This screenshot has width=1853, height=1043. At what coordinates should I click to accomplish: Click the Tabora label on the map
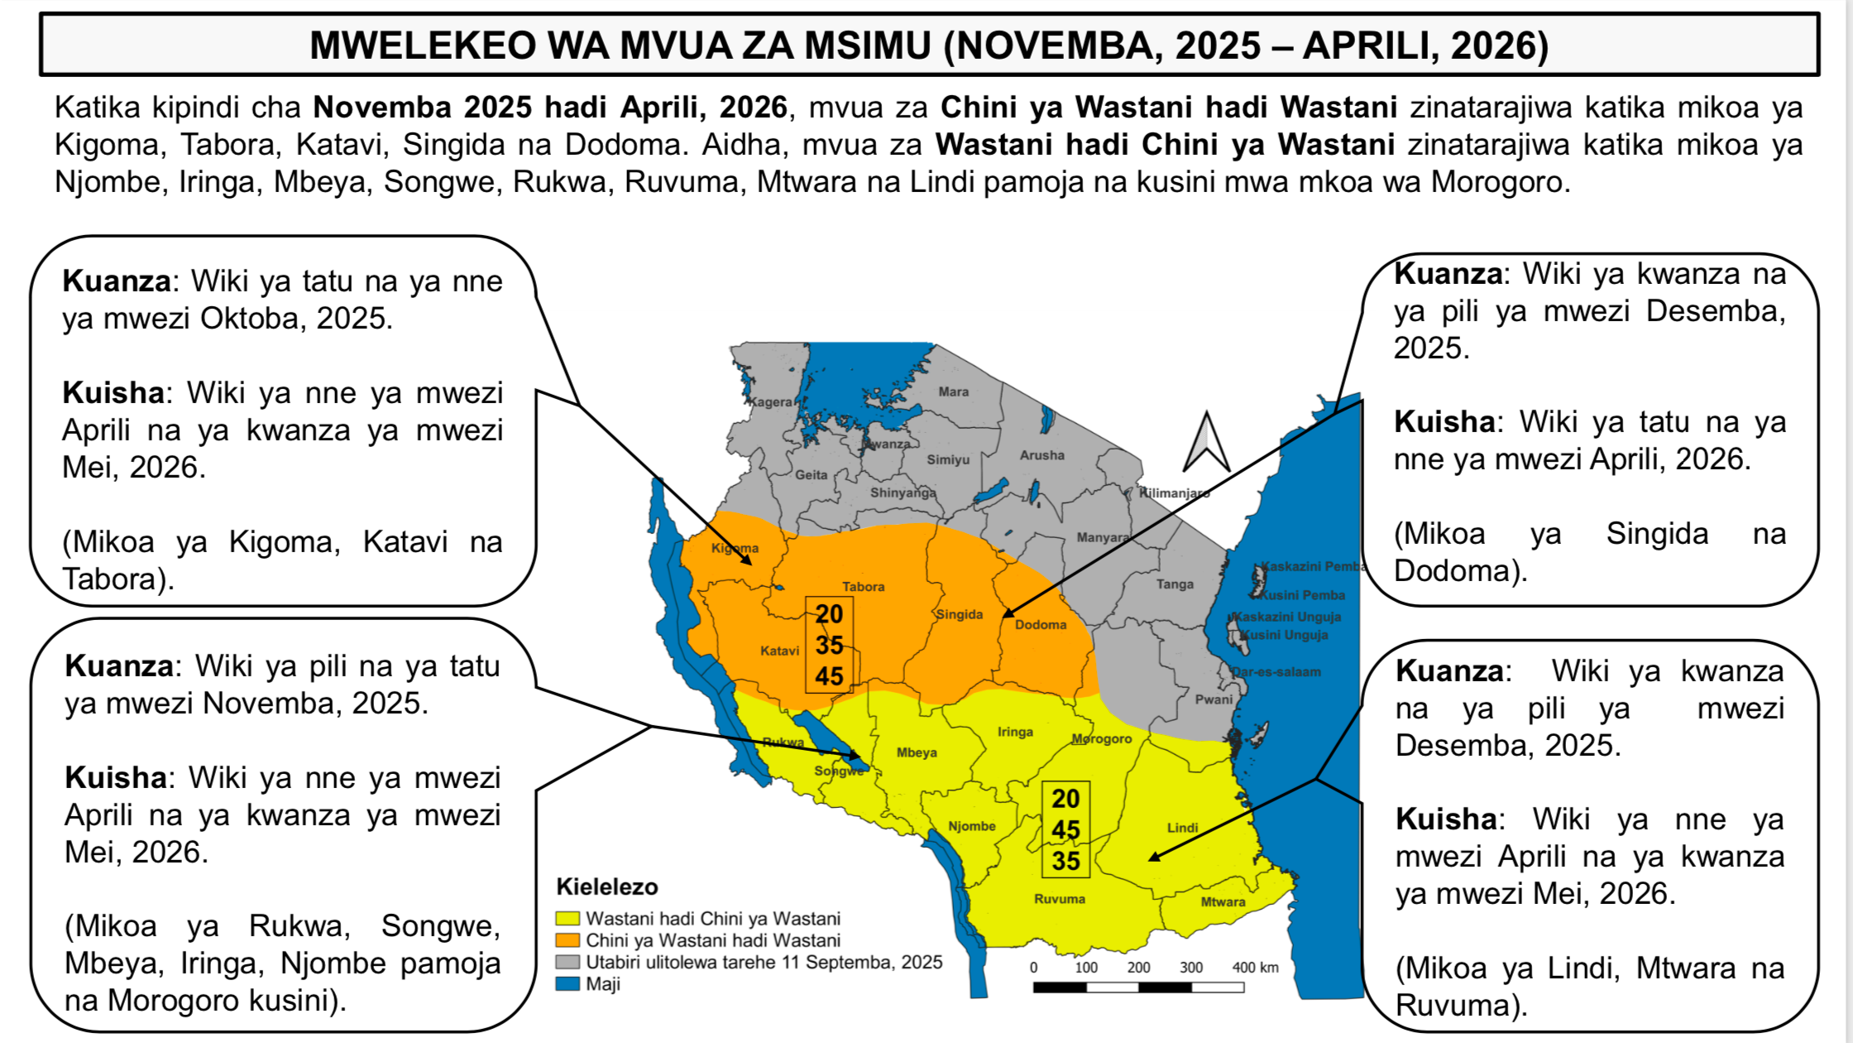pos(863,587)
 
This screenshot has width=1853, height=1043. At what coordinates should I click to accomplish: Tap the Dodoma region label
pos(1041,625)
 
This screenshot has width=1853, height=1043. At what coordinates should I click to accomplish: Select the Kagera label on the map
pos(770,402)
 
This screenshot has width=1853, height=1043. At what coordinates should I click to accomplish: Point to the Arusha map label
pos(1041,455)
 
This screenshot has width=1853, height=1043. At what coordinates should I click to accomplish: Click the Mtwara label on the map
pos(1223,902)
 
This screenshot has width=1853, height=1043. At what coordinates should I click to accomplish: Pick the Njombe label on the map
pos(971,826)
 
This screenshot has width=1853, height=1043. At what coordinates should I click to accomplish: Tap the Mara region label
pos(953,392)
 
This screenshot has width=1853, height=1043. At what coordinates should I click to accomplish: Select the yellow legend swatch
pos(567,919)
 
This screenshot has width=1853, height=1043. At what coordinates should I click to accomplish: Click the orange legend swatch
pos(567,940)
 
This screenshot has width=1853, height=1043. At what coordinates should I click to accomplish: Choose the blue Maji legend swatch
pos(567,984)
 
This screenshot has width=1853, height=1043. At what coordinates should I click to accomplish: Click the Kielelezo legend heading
pos(607,887)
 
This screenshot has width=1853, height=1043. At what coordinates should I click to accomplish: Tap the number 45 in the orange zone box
pos(829,676)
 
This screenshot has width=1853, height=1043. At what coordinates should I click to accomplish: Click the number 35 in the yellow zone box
pos(1065,861)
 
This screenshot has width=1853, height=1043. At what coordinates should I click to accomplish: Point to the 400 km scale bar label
pos(1255,968)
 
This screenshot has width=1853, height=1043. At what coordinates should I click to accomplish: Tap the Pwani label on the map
pos(1214,699)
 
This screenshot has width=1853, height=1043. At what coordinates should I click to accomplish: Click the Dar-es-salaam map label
pos(1276,672)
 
